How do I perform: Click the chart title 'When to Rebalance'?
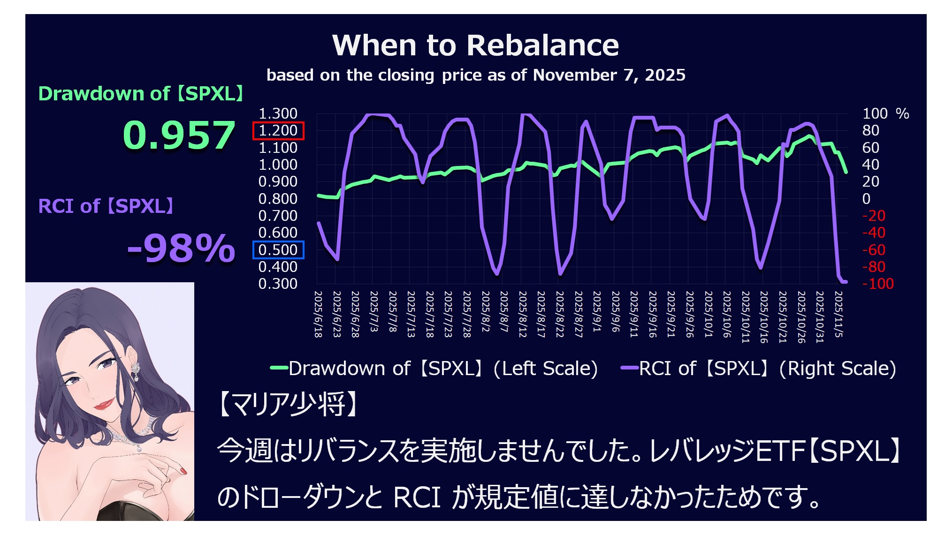(475, 45)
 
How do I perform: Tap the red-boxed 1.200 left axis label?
(278, 131)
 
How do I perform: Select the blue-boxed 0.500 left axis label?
(278, 250)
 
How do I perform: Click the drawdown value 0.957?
(179, 135)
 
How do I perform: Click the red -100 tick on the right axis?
(878, 284)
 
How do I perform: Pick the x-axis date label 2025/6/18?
(318, 314)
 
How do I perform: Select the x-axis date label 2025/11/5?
(838, 314)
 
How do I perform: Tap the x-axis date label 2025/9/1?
(597, 311)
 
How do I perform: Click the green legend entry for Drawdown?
(434, 369)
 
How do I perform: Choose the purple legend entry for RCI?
(758, 369)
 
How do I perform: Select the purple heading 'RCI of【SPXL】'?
(106, 206)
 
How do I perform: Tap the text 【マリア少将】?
(289, 404)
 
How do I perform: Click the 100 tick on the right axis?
(875, 113)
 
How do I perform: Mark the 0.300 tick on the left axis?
(278, 284)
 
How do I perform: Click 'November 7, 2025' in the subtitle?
(609, 75)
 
